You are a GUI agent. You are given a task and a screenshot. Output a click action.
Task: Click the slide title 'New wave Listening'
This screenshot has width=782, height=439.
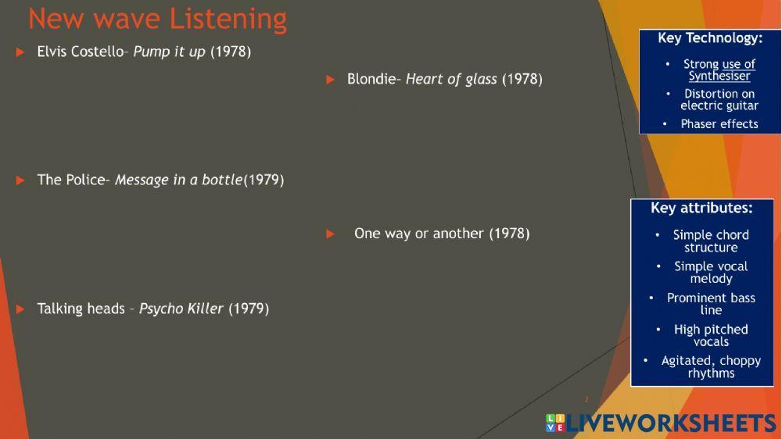pyautogui.click(x=157, y=19)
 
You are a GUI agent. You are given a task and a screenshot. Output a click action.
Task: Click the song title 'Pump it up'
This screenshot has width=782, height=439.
pyautogui.click(x=169, y=52)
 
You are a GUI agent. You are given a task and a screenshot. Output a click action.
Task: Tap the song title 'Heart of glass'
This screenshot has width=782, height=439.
pyautogui.click(x=451, y=79)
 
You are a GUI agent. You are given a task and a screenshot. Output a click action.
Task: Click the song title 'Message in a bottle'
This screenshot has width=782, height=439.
pyautogui.click(x=179, y=180)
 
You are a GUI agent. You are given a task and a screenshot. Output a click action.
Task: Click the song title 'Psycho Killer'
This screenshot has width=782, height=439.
pyautogui.click(x=181, y=309)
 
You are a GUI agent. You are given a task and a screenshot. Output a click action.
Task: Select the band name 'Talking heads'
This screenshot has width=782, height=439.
pyautogui.click(x=81, y=309)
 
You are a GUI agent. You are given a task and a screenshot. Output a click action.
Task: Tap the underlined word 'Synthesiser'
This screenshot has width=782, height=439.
pyautogui.click(x=719, y=76)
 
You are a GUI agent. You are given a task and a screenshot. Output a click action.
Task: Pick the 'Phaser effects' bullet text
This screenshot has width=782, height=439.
pyautogui.click(x=719, y=123)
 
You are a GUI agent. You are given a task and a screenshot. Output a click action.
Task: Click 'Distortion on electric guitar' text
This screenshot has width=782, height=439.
pyautogui.click(x=719, y=99)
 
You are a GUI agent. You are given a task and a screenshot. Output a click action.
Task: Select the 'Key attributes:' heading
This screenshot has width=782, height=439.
pyautogui.click(x=701, y=209)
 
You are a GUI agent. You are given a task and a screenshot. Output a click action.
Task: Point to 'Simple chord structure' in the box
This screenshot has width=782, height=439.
pyautogui.click(x=711, y=241)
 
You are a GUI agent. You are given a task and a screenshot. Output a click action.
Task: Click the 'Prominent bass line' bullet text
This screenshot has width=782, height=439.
pyautogui.click(x=711, y=304)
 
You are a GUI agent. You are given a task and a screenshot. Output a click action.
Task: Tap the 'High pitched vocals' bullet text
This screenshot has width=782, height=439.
pyautogui.click(x=711, y=335)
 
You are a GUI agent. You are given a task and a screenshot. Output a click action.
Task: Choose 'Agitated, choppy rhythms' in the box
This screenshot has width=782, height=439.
pyautogui.click(x=711, y=366)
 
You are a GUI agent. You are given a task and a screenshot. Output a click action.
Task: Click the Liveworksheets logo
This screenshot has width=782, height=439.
pyautogui.click(x=661, y=423)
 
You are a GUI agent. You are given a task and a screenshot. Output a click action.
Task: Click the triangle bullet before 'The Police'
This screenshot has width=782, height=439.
pyautogui.click(x=20, y=180)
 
